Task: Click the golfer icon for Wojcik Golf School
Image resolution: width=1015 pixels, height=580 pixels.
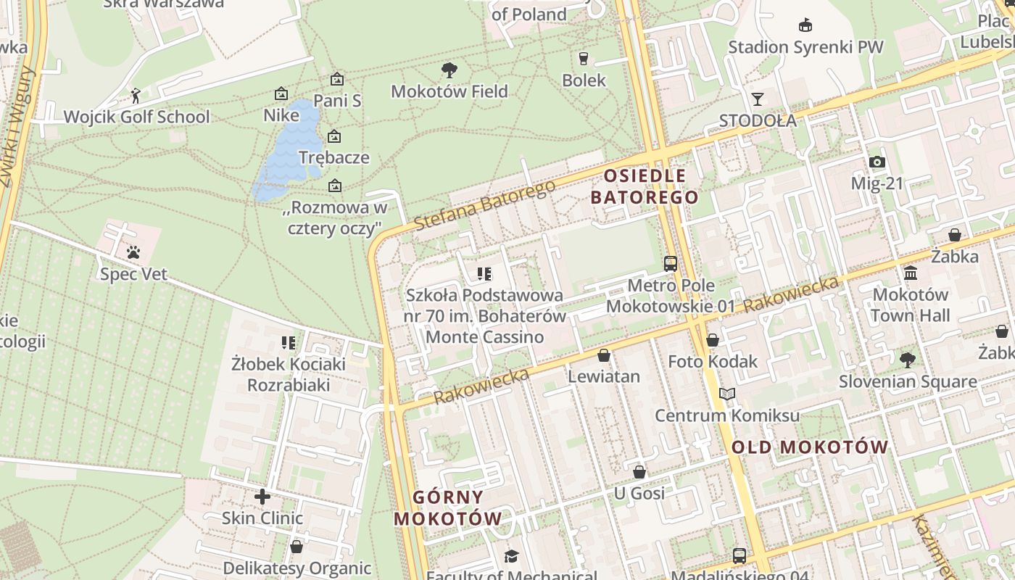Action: (x=136, y=95)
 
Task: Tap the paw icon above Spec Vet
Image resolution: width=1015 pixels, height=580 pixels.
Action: (x=133, y=252)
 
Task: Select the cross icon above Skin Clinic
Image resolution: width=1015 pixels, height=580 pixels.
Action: (x=262, y=497)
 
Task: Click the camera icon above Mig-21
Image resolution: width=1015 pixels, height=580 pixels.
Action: (x=877, y=162)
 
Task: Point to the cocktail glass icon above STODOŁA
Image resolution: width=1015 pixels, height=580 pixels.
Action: (x=758, y=99)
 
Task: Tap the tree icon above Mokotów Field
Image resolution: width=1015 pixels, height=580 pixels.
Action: (x=449, y=70)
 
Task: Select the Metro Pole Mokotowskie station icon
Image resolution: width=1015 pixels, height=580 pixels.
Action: (x=671, y=264)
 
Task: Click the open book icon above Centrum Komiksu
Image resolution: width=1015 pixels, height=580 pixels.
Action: (x=727, y=394)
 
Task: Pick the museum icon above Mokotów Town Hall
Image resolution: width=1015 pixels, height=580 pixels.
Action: (x=911, y=273)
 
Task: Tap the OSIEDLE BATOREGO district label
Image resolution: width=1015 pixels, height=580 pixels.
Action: (x=645, y=186)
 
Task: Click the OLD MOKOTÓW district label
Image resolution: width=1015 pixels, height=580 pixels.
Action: (x=809, y=447)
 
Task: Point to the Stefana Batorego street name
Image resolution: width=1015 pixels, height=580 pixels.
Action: (x=485, y=204)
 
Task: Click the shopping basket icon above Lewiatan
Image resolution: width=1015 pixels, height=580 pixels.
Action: (x=603, y=355)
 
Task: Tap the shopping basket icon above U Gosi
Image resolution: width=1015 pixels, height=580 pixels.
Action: (x=639, y=472)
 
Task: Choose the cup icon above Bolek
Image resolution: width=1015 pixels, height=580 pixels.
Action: (x=583, y=59)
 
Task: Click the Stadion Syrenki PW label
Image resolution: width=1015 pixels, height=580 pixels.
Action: (x=805, y=47)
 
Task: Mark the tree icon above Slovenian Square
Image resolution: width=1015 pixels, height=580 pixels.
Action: (x=907, y=360)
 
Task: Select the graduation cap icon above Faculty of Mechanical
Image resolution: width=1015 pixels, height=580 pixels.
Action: (x=511, y=556)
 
